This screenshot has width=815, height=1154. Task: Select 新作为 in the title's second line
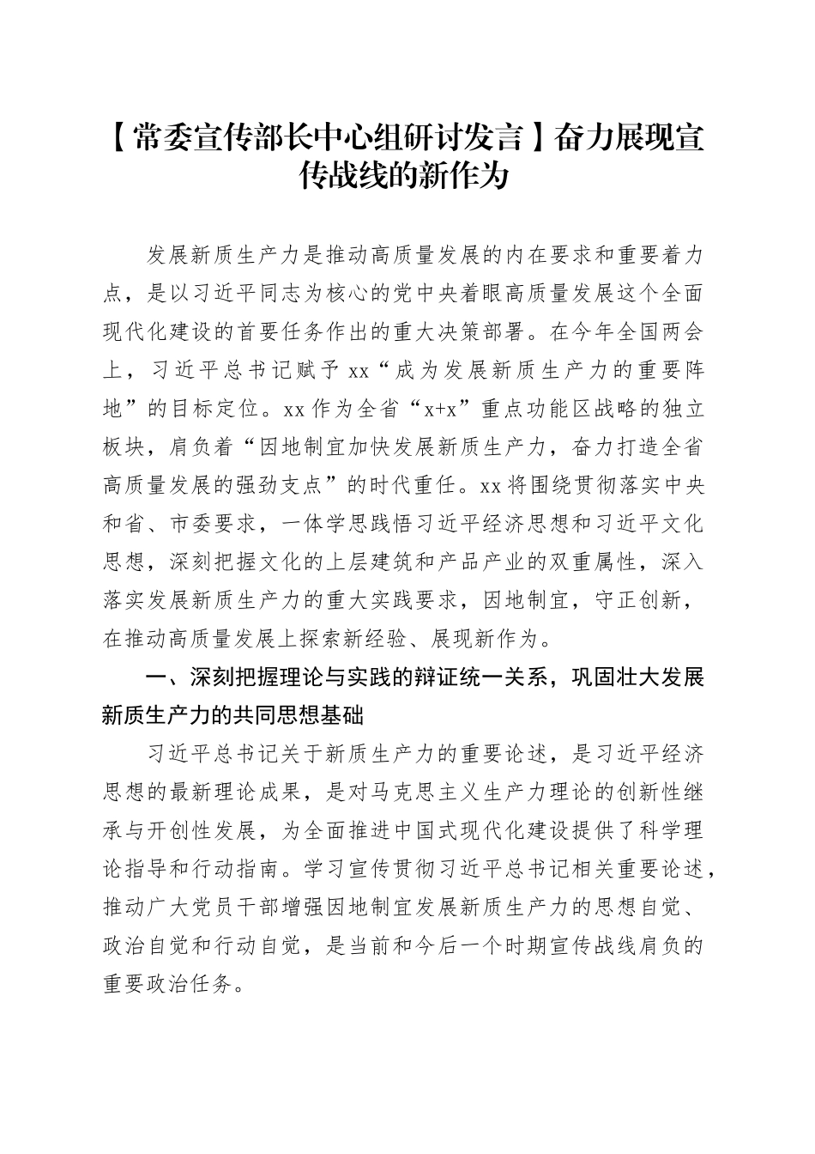(x=472, y=176)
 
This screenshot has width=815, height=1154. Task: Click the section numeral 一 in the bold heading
(x=155, y=678)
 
